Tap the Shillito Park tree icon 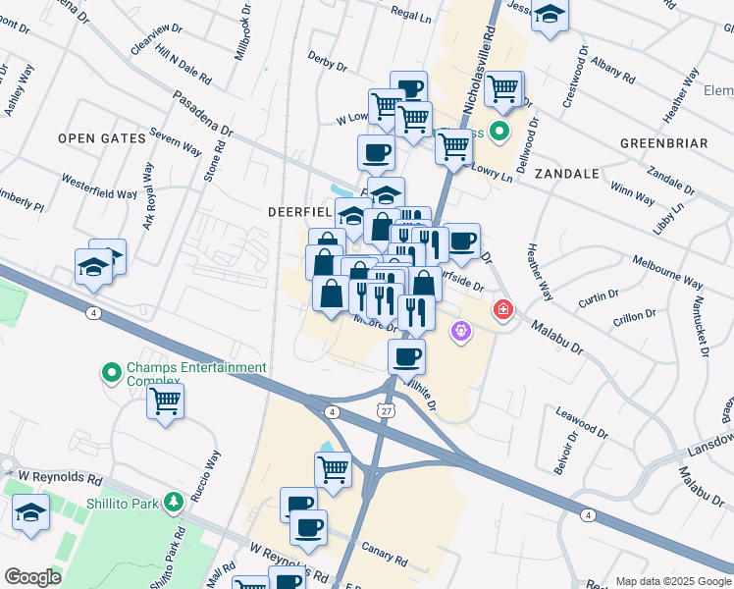pos(174,502)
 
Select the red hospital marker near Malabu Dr pos(503,310)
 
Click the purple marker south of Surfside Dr pos(461,333)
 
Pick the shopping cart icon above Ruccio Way pos(165,402)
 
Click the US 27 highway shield pos(386,412)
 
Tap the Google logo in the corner pos(32,577)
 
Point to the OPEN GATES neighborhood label pos(101,138)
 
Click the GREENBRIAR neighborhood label pos(663,143)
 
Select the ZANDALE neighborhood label pos(566,173)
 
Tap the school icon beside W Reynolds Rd pos(31,512)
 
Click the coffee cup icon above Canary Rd pos(308,527)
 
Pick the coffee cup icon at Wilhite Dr pos(406,357)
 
